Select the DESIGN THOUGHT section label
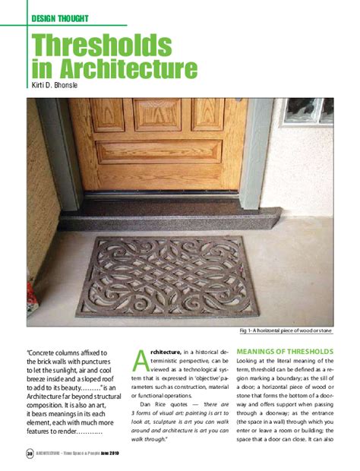coord(61,17)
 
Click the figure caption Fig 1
coord(282,331)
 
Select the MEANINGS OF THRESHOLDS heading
coord(285,351)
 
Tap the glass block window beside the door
coord(308,111)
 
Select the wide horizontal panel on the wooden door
coord(157,152)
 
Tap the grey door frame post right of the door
coord(256,152)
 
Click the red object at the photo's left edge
coord(30,292)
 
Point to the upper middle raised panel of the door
coord(157,114)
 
